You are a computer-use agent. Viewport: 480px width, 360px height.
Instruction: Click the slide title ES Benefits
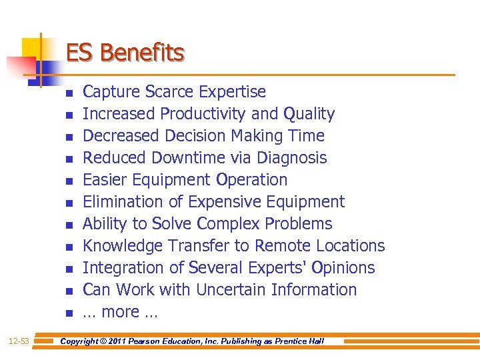(x=125, y=53)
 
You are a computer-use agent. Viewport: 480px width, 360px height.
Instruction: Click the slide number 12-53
(x=19, y=341)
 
